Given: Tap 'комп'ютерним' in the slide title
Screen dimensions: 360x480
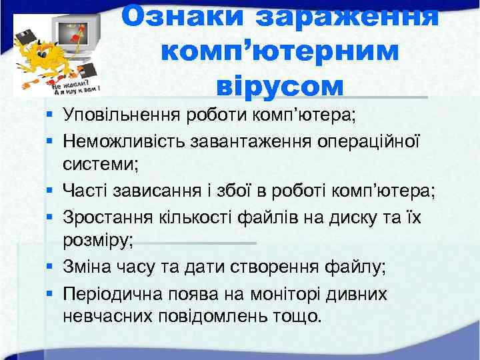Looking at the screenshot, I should [280, 51].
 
